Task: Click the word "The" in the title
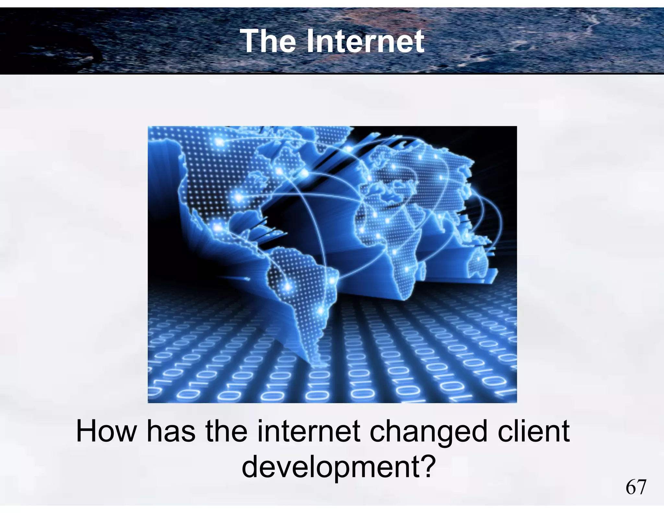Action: [x=267, y=41]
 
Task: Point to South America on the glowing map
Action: [x=302, y=292]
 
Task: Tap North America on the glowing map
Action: [x=211, y=182]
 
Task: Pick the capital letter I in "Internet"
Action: [x=311, y=41]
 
